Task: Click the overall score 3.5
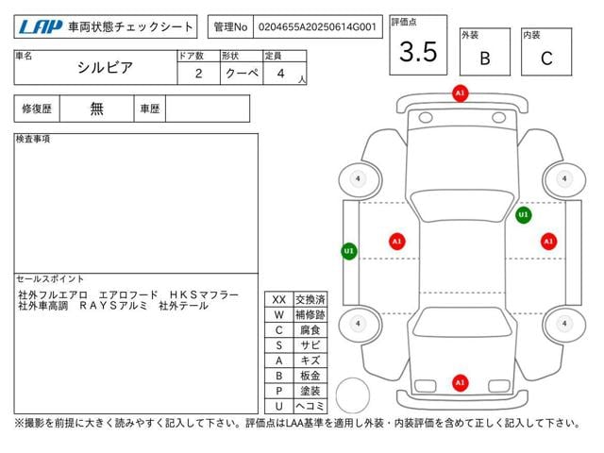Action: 418,52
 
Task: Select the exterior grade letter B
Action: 484,58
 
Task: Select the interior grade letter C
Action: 545,58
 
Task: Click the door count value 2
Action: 197,73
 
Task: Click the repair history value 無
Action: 97,109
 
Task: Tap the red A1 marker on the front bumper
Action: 460,94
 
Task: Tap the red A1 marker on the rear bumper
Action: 460,382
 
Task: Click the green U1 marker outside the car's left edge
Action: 349,251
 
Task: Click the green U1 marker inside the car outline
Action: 524,215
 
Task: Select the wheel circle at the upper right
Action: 563,177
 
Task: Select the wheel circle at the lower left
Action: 358,324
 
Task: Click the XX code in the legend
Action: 278,299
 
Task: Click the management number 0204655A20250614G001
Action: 319,27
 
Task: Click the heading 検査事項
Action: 33,139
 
